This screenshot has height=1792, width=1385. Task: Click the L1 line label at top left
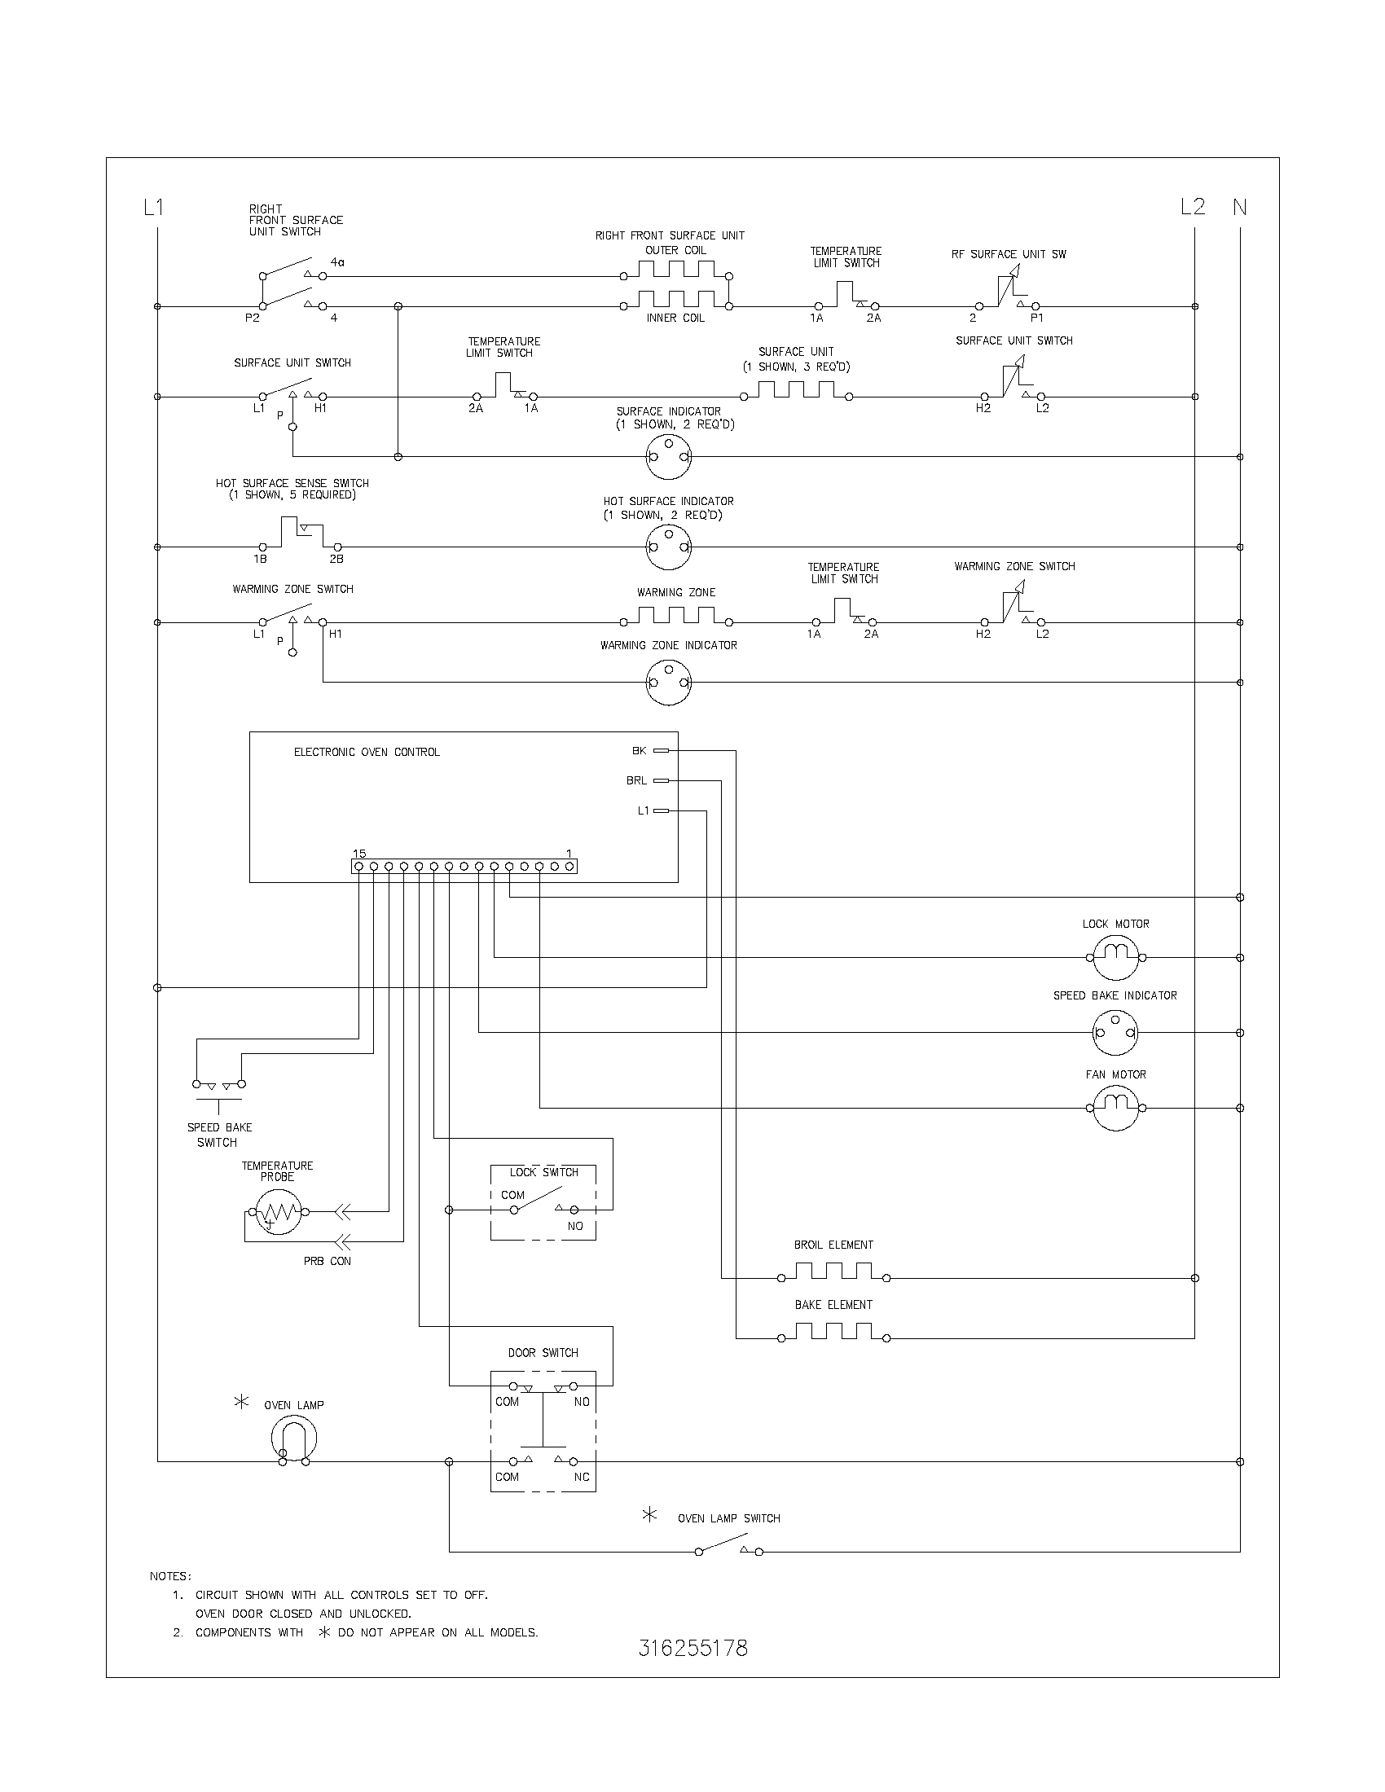click(153, 208)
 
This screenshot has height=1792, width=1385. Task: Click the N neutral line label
click(1239, 208)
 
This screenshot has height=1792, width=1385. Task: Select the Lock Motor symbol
click(1115, 957)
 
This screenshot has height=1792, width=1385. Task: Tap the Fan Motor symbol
click(1115, 1108)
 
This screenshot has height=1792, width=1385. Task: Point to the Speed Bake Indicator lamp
click(1115, 1032)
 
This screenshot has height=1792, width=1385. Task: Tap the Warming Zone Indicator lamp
click(669, 682)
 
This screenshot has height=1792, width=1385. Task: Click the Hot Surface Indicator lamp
click(669, 547)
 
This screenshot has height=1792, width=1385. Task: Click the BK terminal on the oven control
click(660, 750)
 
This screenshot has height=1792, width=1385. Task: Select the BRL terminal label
click(637, 781)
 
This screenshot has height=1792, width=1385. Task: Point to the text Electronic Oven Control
click(367, 753)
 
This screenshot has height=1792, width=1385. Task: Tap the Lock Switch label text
click(543, 1172)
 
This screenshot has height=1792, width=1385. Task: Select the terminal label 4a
click(337, 262)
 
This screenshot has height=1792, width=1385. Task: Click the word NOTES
click(169, 1576)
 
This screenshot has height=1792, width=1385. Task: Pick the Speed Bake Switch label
click(219, 1135)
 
